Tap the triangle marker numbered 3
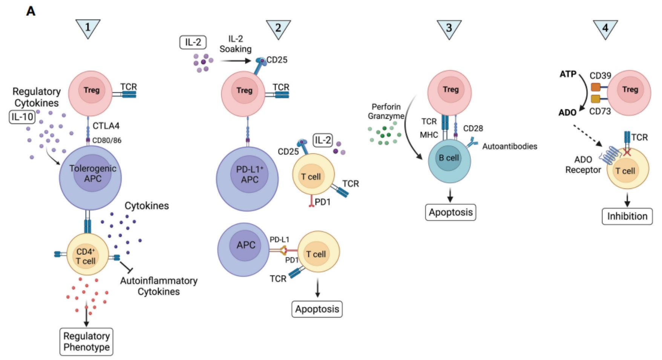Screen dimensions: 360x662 pos(449,28)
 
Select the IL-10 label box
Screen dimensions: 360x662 pos(22,117)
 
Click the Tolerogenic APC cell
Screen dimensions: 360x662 pos(90,177)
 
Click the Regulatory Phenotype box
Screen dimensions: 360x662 pos(86,342)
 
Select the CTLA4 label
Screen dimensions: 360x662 pos(106,126)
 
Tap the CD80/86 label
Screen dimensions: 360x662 pos(107,141)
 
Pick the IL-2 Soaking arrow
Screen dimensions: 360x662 pos(236,61)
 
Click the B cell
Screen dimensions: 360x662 pos(449,161)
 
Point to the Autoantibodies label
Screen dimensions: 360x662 pos(510,146)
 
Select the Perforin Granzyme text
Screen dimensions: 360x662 pos(386,112)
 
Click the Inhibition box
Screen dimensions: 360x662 pos(627,216)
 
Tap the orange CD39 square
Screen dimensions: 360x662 pos(596,87)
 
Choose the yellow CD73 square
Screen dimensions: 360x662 pos(596,99)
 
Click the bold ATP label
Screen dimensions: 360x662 pos(568,74)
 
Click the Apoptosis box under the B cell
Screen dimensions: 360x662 pos(451,212)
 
